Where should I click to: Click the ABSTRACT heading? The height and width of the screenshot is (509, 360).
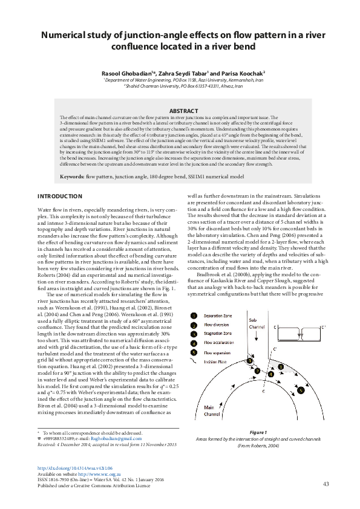(x=183, y=111)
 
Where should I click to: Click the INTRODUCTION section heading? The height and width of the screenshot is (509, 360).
(x=59, y=196)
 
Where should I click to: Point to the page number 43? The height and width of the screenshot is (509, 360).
(x=326, y=484)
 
